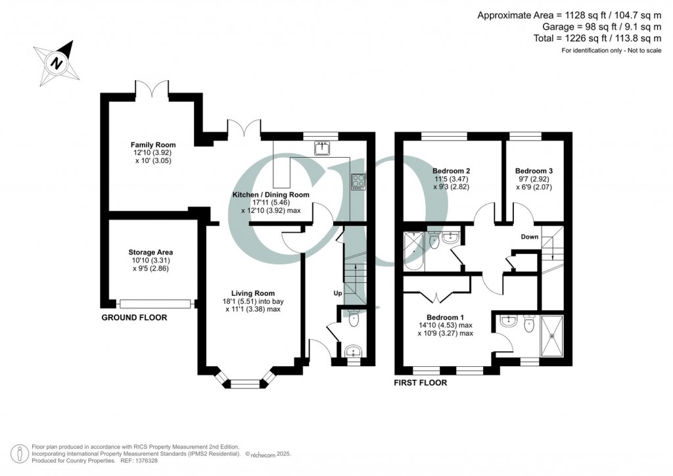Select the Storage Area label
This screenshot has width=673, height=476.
pos(151,252)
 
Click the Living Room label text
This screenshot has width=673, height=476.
pos(253,293)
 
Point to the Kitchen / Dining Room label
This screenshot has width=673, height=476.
pos(271,195)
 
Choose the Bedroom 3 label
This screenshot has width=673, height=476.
pos(534,171)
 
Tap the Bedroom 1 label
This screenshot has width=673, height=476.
pos(446,317)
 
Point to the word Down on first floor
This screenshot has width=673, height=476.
pos(530,237)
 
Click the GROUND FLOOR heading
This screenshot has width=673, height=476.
pos(134,318)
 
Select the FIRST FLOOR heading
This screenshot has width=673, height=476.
pos(420,383)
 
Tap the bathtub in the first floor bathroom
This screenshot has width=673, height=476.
pos(415,251)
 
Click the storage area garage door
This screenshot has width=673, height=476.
pos(156,304)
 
